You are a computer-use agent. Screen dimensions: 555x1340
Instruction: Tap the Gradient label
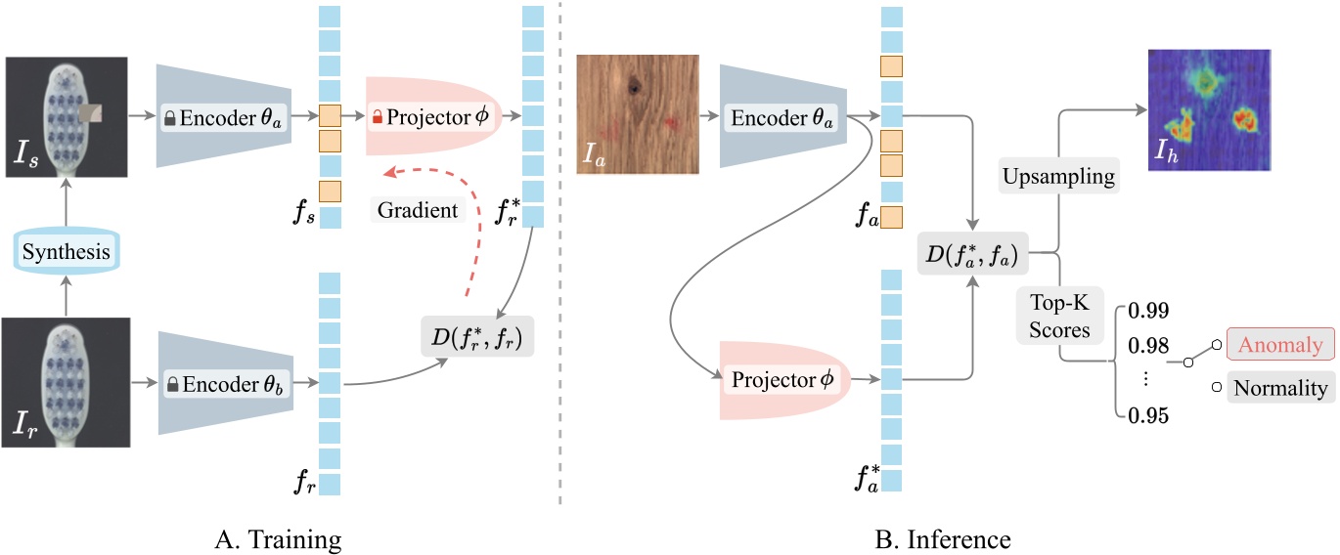tap(418, 210)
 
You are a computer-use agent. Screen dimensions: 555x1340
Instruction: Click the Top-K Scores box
tap(1059, 317)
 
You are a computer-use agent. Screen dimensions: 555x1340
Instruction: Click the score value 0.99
tap(1147, 312)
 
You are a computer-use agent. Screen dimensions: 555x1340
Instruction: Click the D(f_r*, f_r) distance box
tap(476, 336)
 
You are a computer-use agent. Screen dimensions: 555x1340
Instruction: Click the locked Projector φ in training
tap(432, 117)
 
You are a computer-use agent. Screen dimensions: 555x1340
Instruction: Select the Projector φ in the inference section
tap(785, 379)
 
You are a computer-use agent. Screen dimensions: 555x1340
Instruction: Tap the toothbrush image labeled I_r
tap(67, 383)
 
